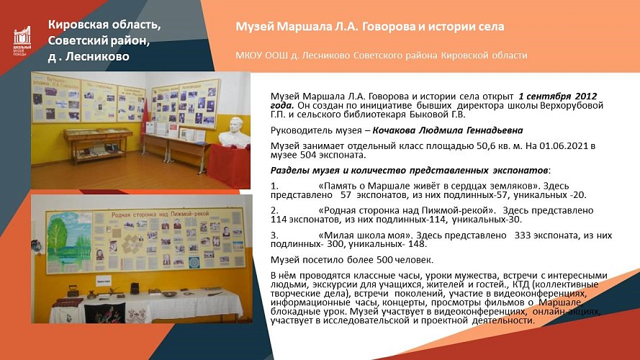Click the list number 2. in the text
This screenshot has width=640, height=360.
274,210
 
